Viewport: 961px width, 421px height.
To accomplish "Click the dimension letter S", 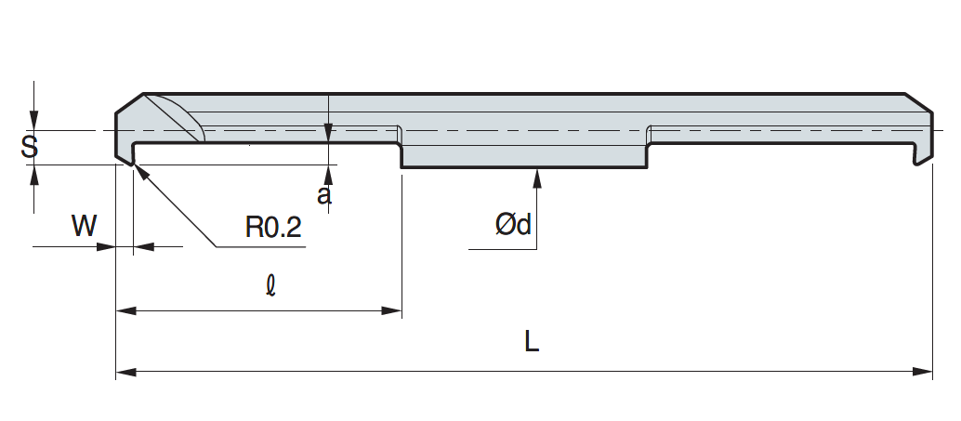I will [x=30, y=147].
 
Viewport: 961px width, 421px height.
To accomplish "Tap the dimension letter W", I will [x=84, y=226].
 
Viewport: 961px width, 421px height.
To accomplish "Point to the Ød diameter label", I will [x=513, y=224].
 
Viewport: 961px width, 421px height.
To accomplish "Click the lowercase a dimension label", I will [x=323, y=195].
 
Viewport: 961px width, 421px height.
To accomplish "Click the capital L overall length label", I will [x=531, y=342].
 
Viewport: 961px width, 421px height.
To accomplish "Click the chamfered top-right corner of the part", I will [x=919, y=102].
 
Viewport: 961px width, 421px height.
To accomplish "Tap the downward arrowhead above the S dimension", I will [x=34, y=120].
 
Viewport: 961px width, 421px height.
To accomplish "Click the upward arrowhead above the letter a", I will [x=329, y=172].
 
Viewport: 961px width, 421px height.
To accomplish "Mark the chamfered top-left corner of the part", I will [x=129, y=102].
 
